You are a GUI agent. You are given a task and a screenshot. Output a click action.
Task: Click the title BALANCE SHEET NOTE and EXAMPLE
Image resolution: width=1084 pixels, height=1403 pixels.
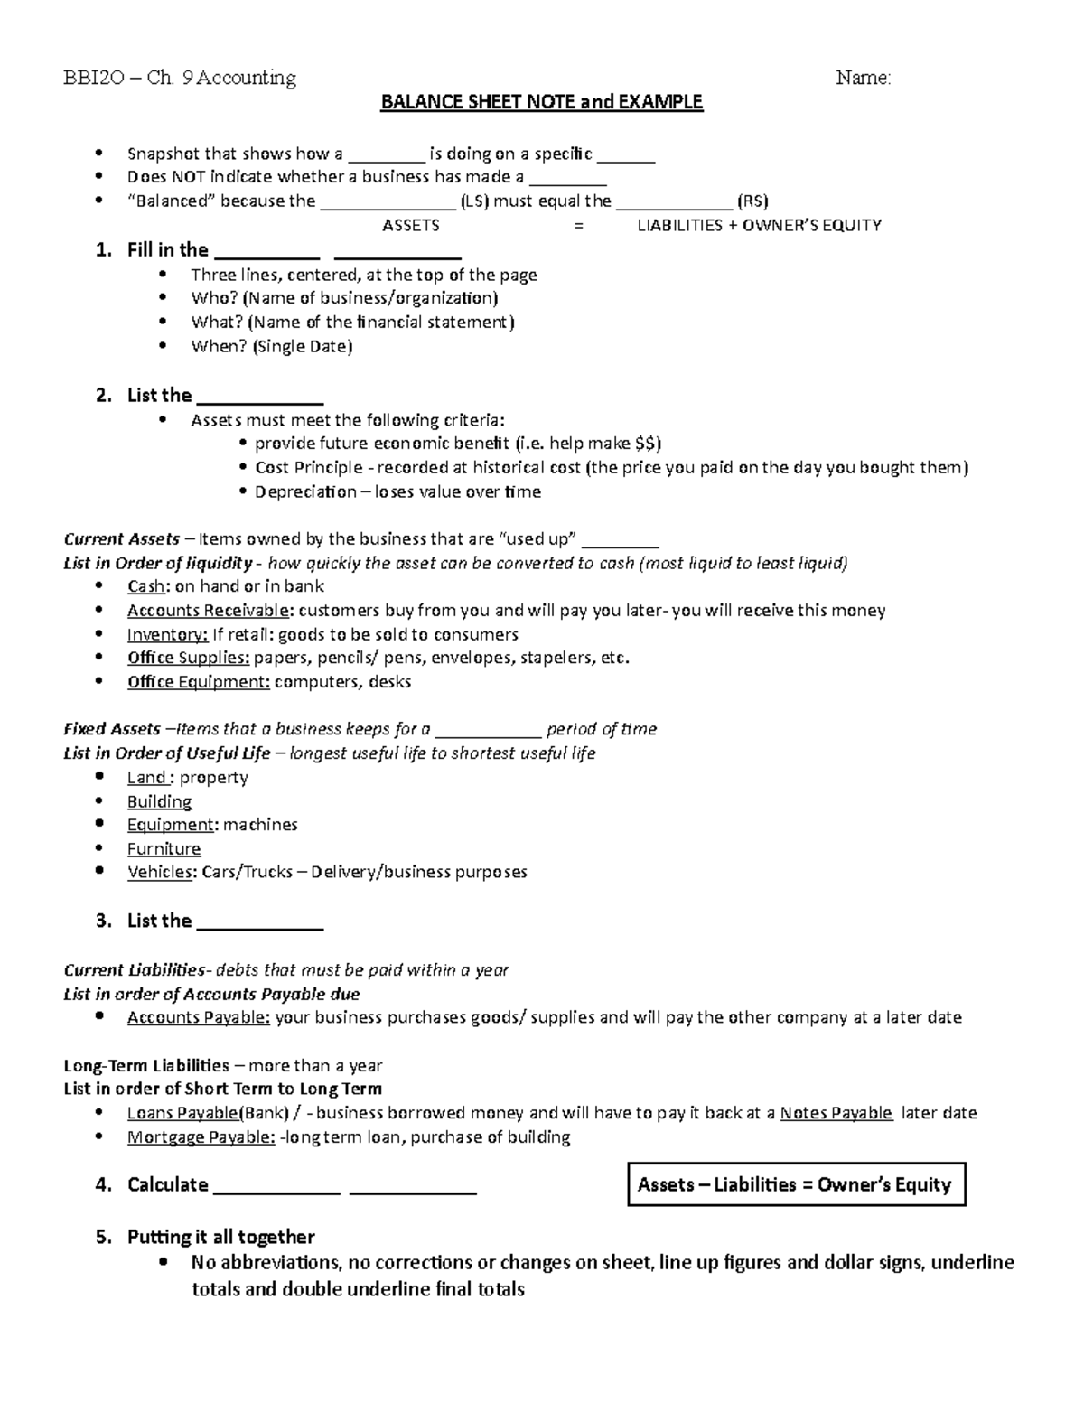pos(541,102)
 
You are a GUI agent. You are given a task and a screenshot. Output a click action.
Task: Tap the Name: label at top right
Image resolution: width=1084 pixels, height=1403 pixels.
pos(863,79)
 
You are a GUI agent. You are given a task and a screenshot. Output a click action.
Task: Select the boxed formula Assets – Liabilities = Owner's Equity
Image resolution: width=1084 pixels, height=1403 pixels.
pos(795,1184)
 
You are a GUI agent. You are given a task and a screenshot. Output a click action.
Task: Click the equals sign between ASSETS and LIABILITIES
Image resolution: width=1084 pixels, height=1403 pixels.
pos(579,226)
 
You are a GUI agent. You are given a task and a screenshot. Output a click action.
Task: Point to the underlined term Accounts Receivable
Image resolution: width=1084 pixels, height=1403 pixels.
pos(209,611)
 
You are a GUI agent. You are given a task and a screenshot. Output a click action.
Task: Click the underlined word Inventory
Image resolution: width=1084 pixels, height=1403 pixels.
pos(167,634)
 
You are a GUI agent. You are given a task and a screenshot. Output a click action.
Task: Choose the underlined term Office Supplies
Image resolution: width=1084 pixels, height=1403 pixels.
pos(188,658)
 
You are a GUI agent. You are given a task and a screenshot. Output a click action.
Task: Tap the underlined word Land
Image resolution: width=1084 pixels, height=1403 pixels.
pos(146,778)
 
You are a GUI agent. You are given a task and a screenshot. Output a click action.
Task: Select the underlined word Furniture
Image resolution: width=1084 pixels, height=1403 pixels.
pos(164,848)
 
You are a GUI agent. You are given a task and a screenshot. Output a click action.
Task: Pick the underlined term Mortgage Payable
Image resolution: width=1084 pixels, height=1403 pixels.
pos(201,1137)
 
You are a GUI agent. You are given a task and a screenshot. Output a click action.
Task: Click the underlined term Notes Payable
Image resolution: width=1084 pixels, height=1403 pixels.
pos(836,1113)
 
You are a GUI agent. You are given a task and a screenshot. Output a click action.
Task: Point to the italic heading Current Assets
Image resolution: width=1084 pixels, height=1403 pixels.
pos(121,539)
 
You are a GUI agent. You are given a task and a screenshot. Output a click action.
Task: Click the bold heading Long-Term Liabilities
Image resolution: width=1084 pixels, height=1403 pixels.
pos(146,1066)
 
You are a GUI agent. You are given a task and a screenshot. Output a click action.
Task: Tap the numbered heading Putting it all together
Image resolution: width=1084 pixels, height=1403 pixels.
pos(220,1237)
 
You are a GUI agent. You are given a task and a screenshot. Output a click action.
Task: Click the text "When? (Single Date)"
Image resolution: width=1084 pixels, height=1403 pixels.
pos(271,346)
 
